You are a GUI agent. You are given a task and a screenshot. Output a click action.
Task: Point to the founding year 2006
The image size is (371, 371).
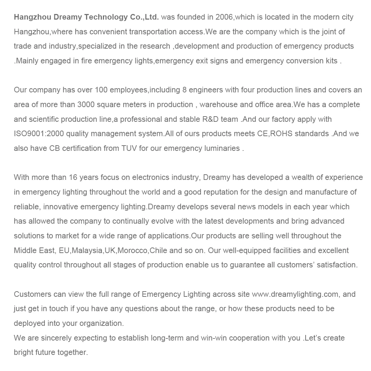click(x=224, y=17)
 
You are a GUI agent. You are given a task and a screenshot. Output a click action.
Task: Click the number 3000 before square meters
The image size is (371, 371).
click(x=86, y=105)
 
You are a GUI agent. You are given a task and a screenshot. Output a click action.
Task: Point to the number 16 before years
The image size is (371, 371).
click(x=73, y=177)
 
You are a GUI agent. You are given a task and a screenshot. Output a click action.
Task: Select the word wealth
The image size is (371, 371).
click(x=303, y=177)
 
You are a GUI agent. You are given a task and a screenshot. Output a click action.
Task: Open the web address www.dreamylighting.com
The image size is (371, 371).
click(x=295, y=294)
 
